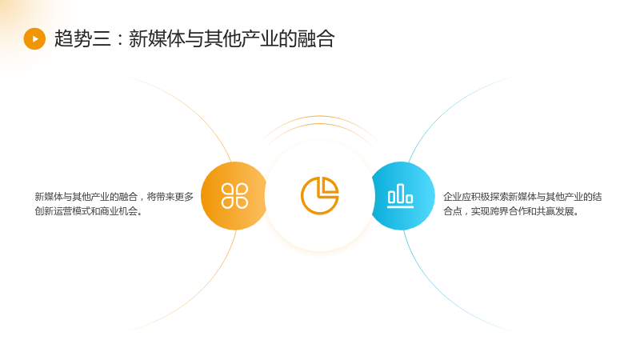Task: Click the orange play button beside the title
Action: pyautogui.click(x=34, y=38)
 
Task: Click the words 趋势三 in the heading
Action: pyautogui.click(x=82, y=38)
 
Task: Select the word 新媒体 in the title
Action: pyautogui.click(x=157, y=38)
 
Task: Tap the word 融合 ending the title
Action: pyautogui.click(x=316, y=38)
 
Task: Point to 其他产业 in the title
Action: pyautogui.click(x=242, y=38)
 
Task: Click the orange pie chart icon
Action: pyautogui.click(x=319, y=195)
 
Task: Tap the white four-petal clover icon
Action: pyautogui.click(x=234, y=195)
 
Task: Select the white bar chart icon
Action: pyautogui.click(x=400, y=195)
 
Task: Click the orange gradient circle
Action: pyautogui.click(x=234, y=195)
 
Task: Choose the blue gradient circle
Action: pyautogui.click(x=402, y=195)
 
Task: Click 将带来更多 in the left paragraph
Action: pyautogui.click(x=170, y=197)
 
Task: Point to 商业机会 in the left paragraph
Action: pyautogui.click(x=118, y=211)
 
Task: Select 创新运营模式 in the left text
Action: pyautogui.click(x=62, y=211)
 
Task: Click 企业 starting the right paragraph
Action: pyautogui.click(x=453, y=197)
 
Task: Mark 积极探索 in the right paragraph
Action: pyautogui.click(x=490, y=197)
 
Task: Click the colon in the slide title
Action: pyautogui.click(x=119, y=39)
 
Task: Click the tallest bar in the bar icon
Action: pyautogui.click(x=401, y=193)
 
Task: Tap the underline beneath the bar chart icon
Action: pyautogui.click(x=400, y=207)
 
